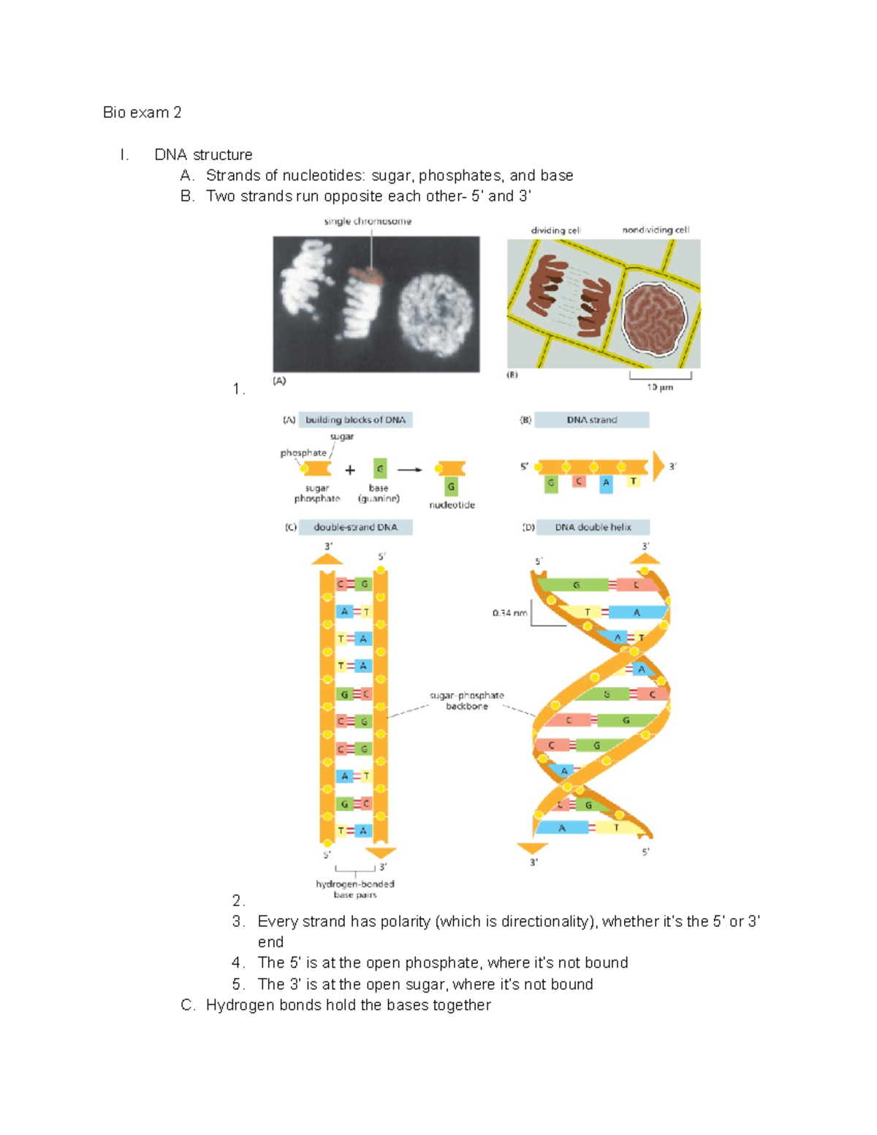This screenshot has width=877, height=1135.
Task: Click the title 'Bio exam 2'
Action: [x=142, y=113]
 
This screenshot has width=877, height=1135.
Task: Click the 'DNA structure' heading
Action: [x=203, y=155]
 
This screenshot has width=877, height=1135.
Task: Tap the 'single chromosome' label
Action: [x=368, y=221]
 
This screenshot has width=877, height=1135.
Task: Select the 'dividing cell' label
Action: [x=555, y=230]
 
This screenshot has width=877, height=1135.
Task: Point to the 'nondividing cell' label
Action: [x=656, y=230]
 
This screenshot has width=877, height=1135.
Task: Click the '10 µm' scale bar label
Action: [x=660, y=387]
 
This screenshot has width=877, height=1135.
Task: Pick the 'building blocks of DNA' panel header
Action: [x=355, y=420]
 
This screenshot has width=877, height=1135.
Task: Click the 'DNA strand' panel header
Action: [x=591, y=420]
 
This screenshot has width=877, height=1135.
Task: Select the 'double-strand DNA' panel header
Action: [x=355, y=527]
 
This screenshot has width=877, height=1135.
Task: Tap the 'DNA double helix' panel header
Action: [x=593, y=527]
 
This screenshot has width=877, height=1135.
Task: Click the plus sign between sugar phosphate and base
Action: [x=350, y=470]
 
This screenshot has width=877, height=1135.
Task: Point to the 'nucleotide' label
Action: [x=452, y=505]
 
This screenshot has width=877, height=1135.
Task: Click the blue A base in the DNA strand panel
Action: [x=606, y=483]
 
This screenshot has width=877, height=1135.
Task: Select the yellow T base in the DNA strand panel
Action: [x=633, y=482]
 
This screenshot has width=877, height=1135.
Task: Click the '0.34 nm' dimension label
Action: [x=509, y=613]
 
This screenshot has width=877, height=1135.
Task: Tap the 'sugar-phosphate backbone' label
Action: [x=467, y=701]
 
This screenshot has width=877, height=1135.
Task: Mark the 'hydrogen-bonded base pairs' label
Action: [x=355, y=889]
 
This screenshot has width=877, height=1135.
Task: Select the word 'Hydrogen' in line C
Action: [x=234, y=1006]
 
